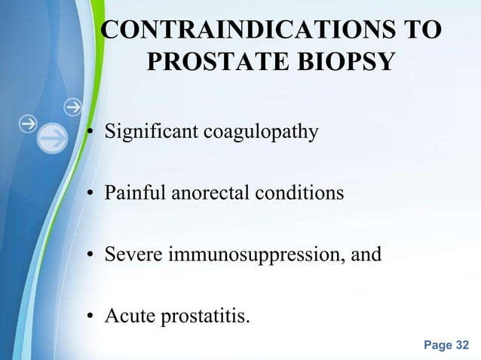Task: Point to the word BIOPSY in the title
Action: click(339, 62)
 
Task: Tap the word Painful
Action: click(130, 194)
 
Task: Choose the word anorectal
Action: click(202, 194)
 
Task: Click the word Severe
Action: click(128, 255)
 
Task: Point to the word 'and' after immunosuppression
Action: click(367, 255)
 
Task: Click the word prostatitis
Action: click(201, 316)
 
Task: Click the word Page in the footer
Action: click(437, 346)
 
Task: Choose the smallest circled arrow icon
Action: click(72, 108)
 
